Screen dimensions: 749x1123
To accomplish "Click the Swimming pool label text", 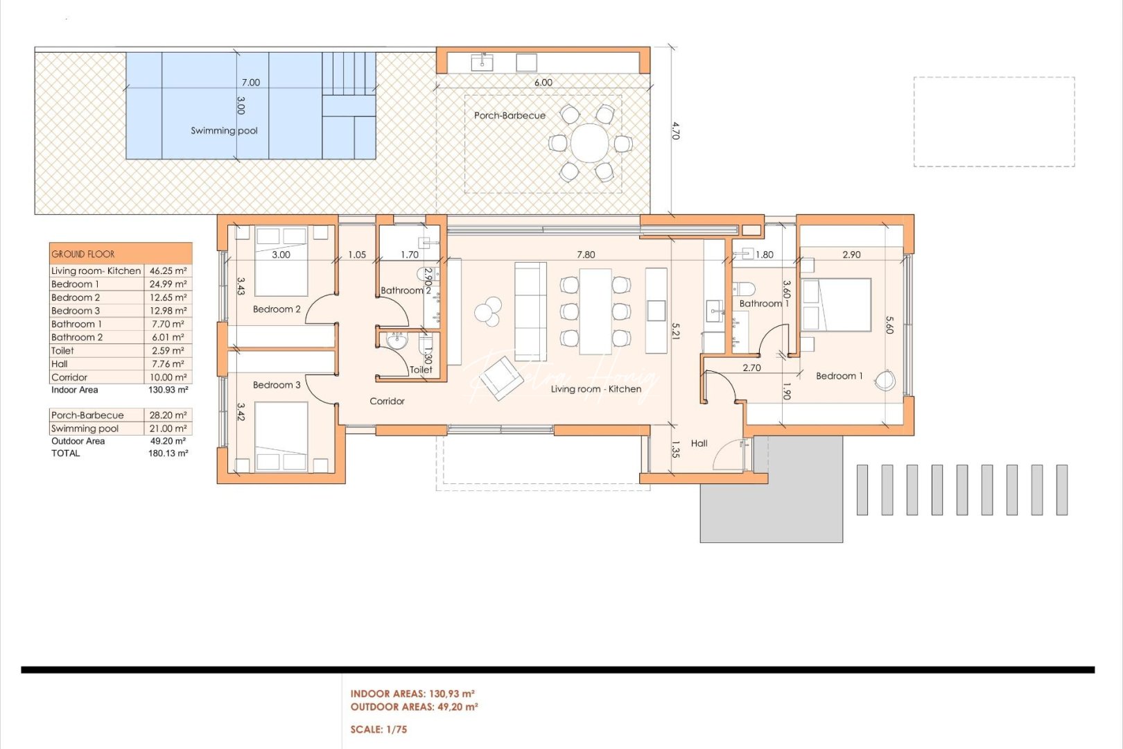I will [x=224, y=130].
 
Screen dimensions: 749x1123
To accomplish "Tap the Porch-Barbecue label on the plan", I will [x=510, y=115].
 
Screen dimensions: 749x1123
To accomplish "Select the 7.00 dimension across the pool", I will [x=250, y=83].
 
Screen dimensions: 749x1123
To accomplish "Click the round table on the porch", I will [x=590, y=143].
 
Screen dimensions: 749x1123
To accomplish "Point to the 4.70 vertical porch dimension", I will [x=675, y=131].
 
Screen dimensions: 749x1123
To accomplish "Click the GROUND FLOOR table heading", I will [x=83, y=254].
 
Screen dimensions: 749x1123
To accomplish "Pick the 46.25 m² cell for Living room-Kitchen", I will [x=168, y=271].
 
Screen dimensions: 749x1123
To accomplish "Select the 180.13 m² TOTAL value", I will [x=168, y=453].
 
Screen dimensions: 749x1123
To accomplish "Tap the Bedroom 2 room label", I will [x=277, y=309].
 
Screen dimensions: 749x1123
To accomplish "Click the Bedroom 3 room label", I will [x=277, y=385].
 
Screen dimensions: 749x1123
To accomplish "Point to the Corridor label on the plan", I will [x=387, y=401].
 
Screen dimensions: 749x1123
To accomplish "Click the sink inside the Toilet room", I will [x=397, y=342].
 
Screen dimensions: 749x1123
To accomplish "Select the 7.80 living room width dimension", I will [x=586, y=255].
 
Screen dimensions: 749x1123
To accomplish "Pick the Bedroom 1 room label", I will [x=839, y=376].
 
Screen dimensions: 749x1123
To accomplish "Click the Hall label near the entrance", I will [x=699, y=443].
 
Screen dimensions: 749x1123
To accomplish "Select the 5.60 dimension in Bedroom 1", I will [x=889, y=325].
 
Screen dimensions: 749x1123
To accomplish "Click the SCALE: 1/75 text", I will [x=378, y=730].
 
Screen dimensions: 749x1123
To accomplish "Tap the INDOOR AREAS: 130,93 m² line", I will [x=412, y=694].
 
